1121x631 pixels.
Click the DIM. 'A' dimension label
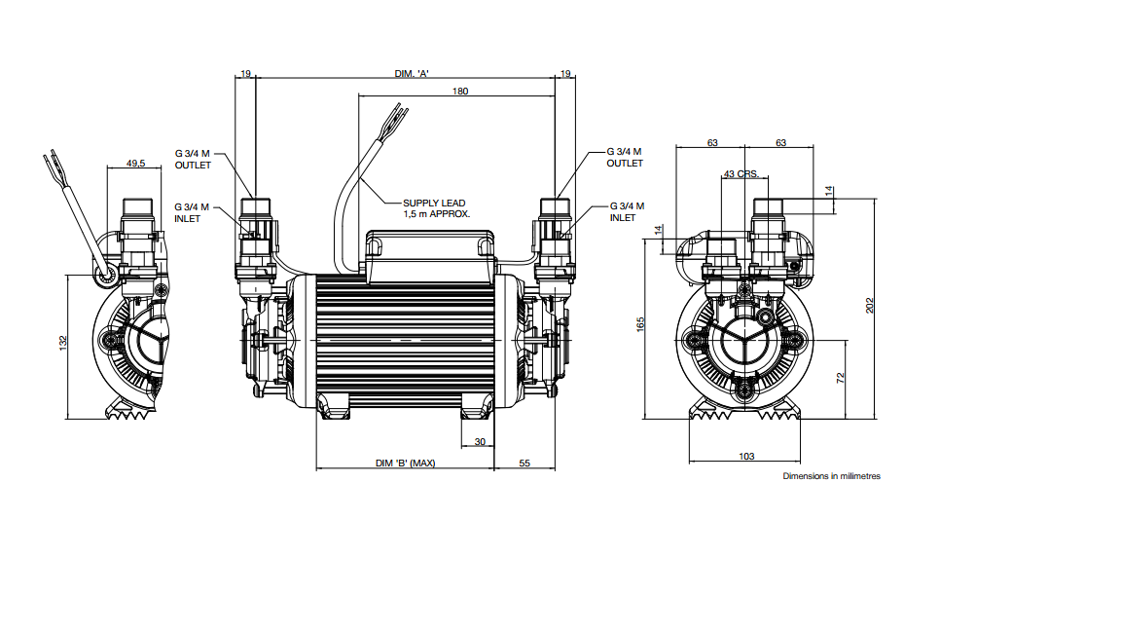[x=411, y=74]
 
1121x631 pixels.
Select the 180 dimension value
[x=460, y=91]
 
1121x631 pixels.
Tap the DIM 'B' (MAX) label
[x=406, y=463]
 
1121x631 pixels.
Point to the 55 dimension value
[x=524, y=463]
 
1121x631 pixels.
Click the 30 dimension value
[x=480, y=441]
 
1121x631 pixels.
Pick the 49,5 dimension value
[x=136, y=164]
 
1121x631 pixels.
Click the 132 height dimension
[x=63, y=343]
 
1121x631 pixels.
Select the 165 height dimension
[x=640, y=324]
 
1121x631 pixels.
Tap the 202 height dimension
[x=869, y=306]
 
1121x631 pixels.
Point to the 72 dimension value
[x=840, y=377]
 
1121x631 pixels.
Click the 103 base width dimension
[x=746, y=456]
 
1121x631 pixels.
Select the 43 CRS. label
[x=741, y=174]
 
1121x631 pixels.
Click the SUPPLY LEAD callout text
[x=436, y=208]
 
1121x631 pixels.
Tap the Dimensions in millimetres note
[x=831, y=476]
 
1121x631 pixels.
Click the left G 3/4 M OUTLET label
[x=193, y=159]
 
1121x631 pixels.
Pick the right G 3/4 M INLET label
[x=627, y=211]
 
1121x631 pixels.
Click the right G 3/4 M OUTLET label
[x=624, y=158]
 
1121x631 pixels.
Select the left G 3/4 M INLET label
[x=192, y=212]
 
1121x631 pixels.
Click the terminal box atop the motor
[x=429, y=255]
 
